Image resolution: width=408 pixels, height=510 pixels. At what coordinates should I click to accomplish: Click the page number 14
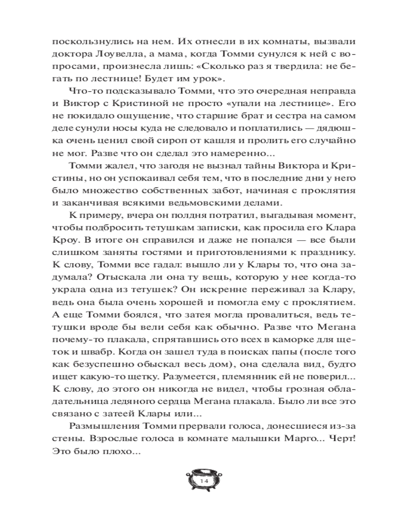(204, 481)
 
